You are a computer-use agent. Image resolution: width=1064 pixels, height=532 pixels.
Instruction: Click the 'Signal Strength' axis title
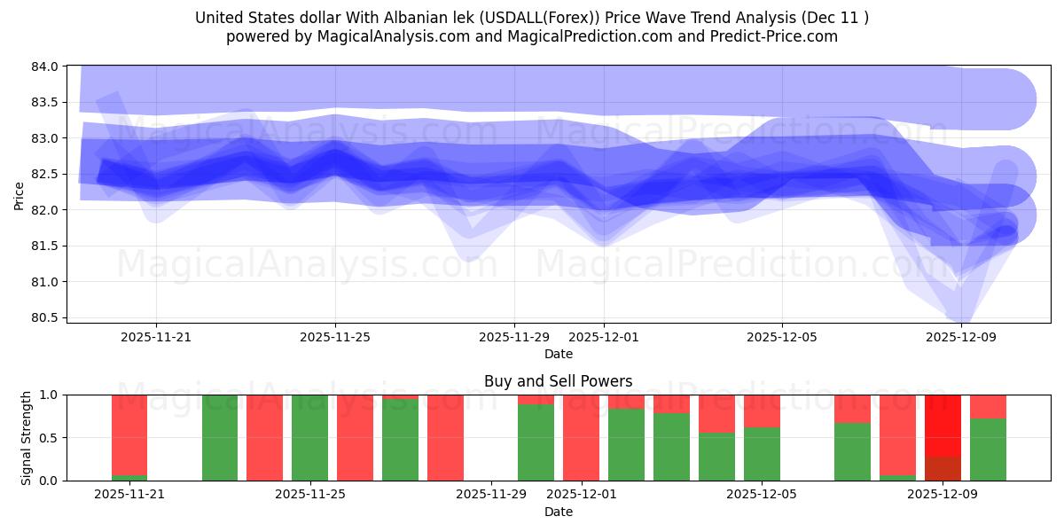coord(27,437)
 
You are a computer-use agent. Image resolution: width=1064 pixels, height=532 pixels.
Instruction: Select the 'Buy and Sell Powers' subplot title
coord(558,381)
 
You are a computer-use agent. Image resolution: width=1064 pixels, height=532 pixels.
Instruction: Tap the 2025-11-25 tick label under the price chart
coord(335,337)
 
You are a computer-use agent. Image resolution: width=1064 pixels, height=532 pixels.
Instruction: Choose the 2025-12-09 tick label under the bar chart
coord(943,494)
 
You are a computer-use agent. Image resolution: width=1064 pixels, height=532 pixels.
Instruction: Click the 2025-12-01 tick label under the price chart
coord(604,337)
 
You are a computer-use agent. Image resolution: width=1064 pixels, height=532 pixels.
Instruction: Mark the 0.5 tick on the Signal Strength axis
coord(50,438)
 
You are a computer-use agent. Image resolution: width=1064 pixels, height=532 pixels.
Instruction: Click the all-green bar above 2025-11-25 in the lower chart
coord(309,437)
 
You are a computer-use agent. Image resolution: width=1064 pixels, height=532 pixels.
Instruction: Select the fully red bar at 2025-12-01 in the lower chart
coord(581,437)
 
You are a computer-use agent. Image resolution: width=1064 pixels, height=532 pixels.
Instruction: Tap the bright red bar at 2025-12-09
coord(943,425)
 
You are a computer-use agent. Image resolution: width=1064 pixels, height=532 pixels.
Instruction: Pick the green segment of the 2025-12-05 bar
coord(762,454)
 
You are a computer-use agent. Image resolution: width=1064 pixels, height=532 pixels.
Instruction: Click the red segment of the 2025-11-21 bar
coord(129,434)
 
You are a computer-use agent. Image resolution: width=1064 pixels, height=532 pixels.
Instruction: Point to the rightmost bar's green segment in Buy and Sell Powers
coord(988,450)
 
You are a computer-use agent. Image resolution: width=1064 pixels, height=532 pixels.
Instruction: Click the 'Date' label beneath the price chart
coord(558,354)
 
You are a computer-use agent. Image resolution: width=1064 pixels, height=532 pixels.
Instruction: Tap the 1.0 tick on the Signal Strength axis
coord(50,395)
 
